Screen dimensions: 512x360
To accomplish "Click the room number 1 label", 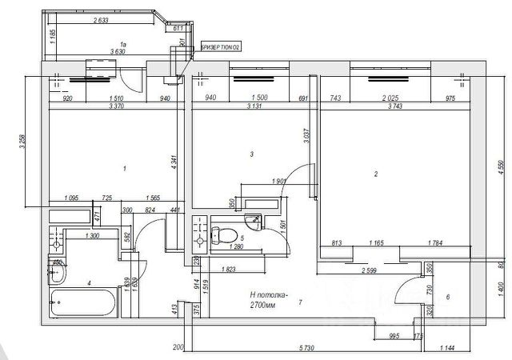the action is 125,169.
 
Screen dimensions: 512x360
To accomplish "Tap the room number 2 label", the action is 375,174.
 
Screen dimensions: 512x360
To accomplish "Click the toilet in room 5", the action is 230,235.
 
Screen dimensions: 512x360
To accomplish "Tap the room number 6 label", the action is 447,298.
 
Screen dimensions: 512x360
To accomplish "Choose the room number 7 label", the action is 300,302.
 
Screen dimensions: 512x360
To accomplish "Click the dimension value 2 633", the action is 101,21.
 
